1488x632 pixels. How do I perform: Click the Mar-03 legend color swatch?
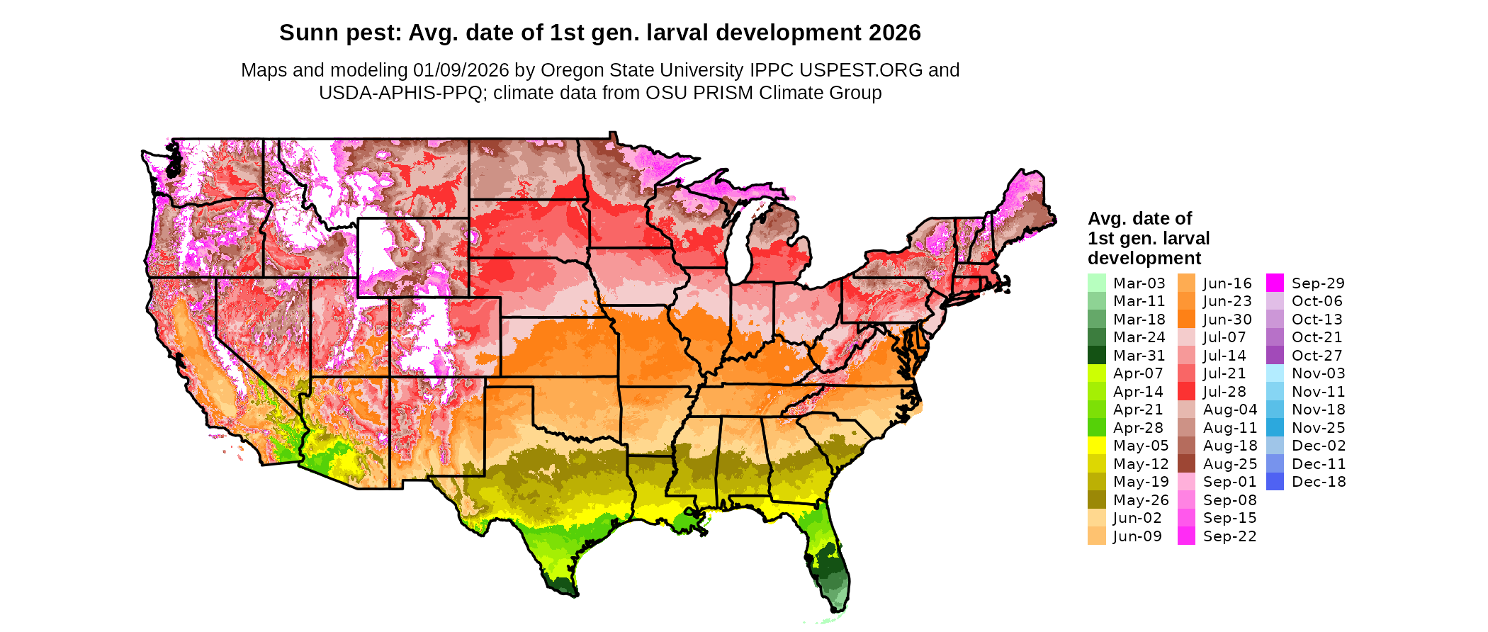1096,283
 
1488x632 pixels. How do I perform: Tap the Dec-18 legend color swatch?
1275,482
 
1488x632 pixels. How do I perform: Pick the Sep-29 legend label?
1318,283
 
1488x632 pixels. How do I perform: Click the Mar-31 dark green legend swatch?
1096,355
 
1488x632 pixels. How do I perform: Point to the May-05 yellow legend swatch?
1096,446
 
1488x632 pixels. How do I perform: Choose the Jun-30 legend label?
1228,320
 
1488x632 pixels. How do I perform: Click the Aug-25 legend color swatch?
1186,464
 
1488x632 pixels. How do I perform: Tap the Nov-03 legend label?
1318,373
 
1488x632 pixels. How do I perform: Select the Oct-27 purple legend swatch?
1275,355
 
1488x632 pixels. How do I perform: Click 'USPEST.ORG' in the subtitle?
861,70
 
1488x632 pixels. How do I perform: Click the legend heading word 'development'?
1144,258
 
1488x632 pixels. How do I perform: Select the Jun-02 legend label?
1137,518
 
